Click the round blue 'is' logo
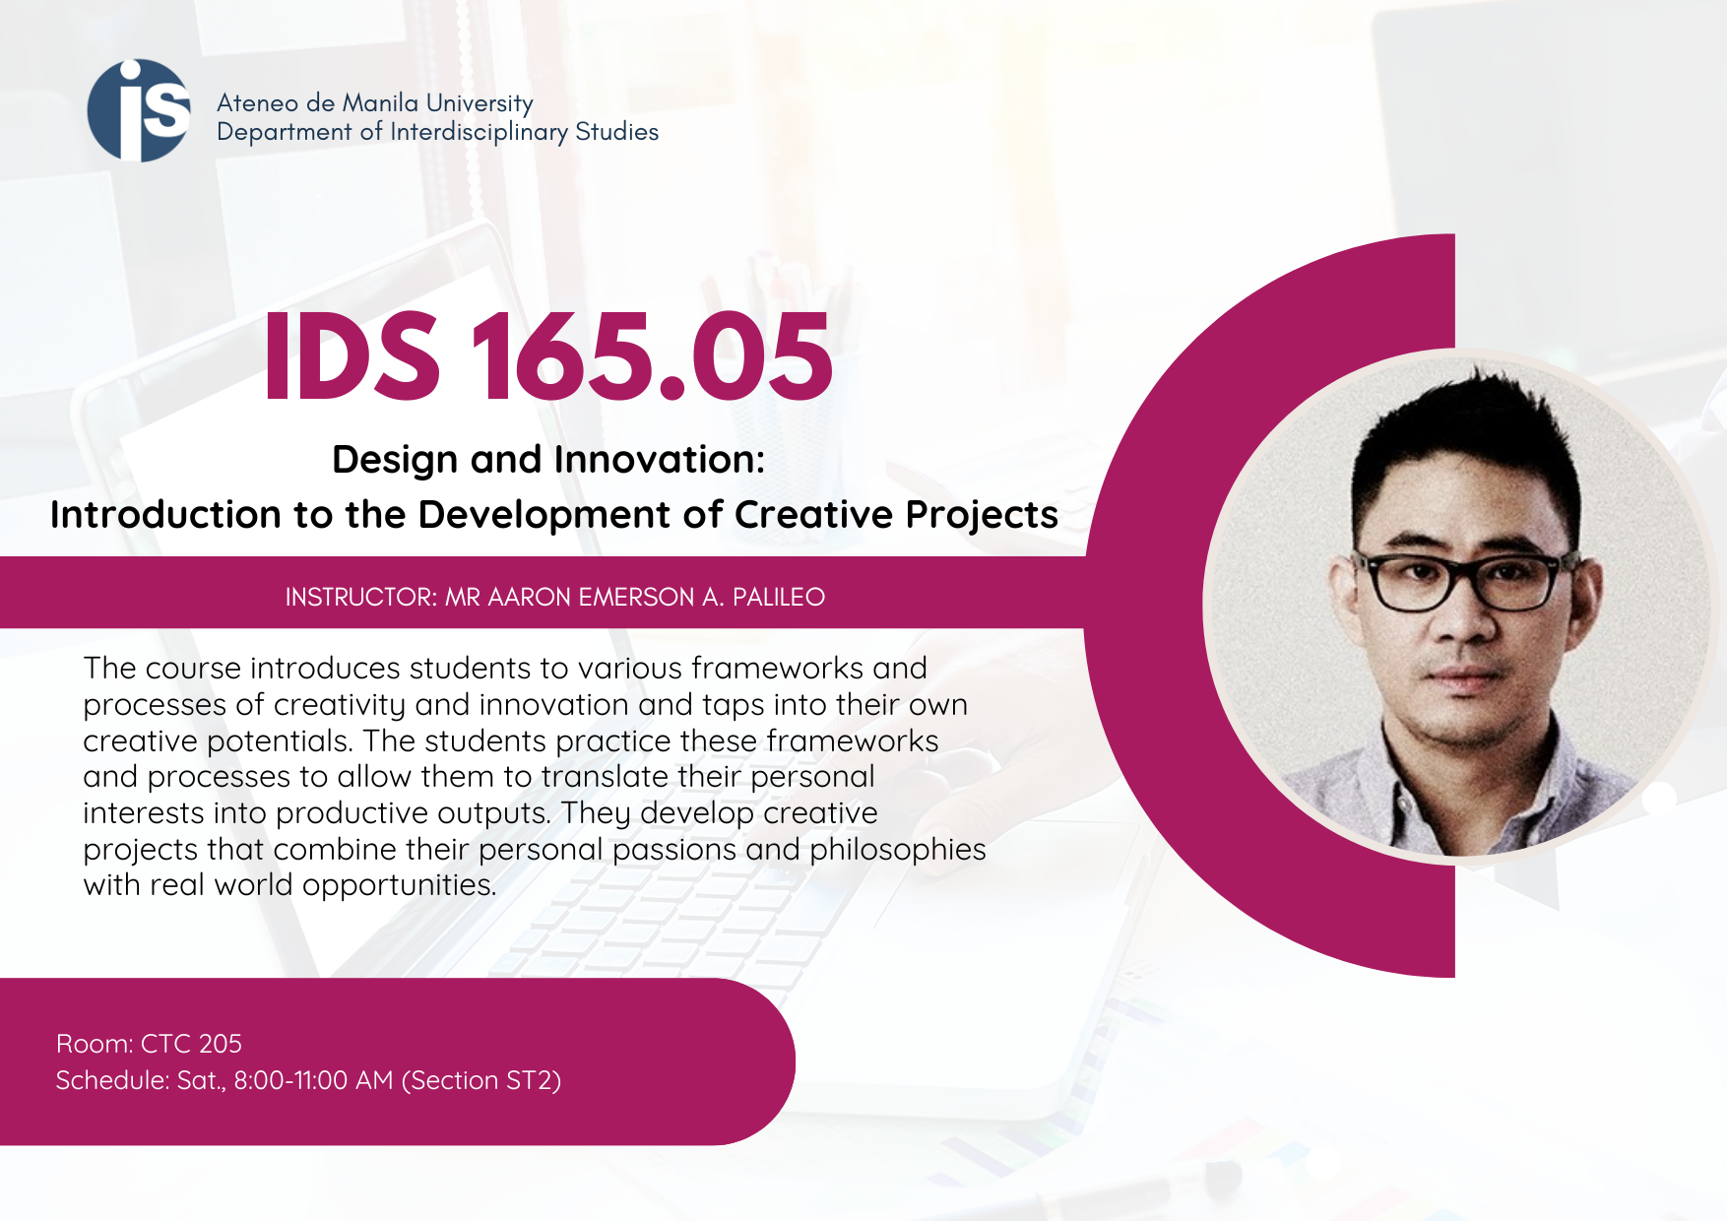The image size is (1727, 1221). (139, 110)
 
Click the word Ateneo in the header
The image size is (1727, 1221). (257, 103)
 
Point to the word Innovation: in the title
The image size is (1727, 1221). (660, 459)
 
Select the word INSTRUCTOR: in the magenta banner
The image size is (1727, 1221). (361, 597)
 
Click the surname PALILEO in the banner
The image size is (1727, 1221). (779, 597)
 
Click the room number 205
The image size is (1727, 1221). (220, 1044)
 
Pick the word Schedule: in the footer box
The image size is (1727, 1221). (112, 1080)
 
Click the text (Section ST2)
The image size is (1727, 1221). (481, 1081)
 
